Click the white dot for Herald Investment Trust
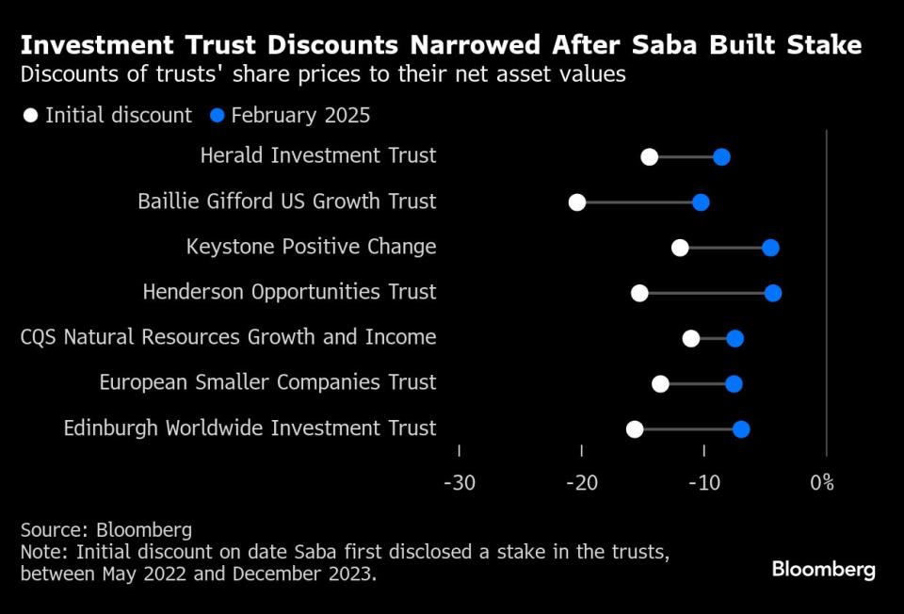[649, 156]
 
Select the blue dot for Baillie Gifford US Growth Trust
[701, 202]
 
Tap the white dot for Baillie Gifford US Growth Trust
[577, 202]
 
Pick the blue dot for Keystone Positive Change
[770, 248]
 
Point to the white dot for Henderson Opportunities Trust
[639, 293]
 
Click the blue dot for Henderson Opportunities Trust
[773, 293]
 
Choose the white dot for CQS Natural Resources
[691, 338]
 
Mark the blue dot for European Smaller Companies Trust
[734, 383]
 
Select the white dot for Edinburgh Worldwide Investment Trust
[635, 429]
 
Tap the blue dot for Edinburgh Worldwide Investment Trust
[741, 429]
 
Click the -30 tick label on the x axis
[459, 483]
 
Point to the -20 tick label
[581, 483]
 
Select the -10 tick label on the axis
[703, 483]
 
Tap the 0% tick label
[822, 483]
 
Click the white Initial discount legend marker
[31, 116]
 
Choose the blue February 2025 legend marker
[217, 116]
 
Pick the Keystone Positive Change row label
[312, 247]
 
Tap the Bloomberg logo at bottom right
[823, 569]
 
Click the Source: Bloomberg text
[106, 529]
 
